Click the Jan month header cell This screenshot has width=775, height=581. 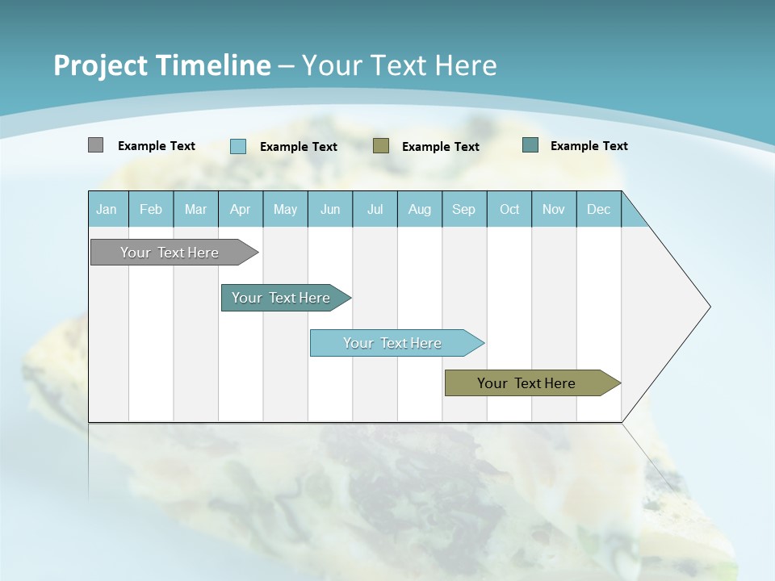(107, 209)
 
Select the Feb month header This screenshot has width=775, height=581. (151, 209)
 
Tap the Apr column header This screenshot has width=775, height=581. (240, 209)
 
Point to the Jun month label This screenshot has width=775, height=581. (330, 209)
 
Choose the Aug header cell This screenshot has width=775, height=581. (419, 209)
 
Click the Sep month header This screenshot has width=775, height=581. (463, 209)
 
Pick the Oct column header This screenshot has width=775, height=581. (509, 209)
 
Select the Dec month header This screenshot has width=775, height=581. (598, 209)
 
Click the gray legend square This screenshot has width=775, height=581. (95, 145)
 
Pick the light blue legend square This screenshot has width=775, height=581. (238, 146)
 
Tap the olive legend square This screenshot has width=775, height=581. (381, 146)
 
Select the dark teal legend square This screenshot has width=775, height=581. (530, 145)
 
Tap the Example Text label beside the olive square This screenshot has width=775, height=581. (440, 147)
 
